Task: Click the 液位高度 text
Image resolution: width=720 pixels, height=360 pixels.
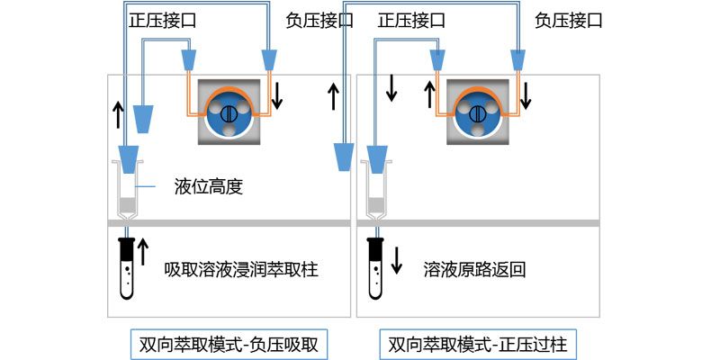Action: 210,188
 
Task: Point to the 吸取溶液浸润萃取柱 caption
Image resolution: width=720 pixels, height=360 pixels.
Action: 241,269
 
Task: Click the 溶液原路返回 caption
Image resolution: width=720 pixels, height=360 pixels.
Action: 474,269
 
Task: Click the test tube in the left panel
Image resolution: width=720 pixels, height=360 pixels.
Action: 127,265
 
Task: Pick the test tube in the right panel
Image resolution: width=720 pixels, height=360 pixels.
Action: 375,265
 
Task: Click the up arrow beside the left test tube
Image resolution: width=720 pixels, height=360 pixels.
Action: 143,256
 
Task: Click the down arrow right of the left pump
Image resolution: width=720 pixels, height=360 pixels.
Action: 277,94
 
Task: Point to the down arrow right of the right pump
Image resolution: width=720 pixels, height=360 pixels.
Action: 526,94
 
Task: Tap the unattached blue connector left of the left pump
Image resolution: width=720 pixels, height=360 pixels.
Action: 144,117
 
